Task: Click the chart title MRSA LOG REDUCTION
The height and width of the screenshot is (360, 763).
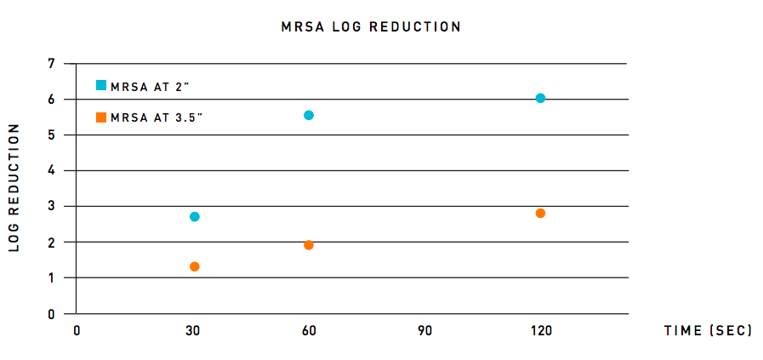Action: (x=371, y=27)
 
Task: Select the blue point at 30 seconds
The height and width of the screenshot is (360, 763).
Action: (x=195, y=217)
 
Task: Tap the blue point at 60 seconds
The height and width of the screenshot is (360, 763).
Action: (x=309, y=115)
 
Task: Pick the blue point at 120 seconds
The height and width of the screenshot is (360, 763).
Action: (x=540, y=98)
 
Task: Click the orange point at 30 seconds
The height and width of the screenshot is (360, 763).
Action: (x=195, y=266)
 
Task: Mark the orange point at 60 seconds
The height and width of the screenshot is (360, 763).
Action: (x=309, y=245)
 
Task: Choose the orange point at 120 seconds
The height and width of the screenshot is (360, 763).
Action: (x=540, y=213)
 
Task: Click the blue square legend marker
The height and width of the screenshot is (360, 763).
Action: (x=101, y=85)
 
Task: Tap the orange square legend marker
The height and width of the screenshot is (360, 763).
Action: (x=101, y=117)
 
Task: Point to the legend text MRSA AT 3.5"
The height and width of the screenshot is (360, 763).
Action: (x=157, y=118)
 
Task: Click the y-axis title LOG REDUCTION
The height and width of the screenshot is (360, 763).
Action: (x=14, y=187)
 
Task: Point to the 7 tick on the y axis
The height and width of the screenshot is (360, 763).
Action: (x=50, y=63)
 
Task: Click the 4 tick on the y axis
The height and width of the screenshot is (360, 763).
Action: (x=50, y=170)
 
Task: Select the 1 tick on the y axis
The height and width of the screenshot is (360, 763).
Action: (x=50, y=278)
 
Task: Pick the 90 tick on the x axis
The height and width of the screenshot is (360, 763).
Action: (x=424, y=332)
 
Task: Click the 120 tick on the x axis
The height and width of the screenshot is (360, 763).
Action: (x=540, y=332)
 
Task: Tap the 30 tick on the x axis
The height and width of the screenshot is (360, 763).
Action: (x=193, y=332)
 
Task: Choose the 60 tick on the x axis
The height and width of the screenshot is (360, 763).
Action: (x=309, y=332)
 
